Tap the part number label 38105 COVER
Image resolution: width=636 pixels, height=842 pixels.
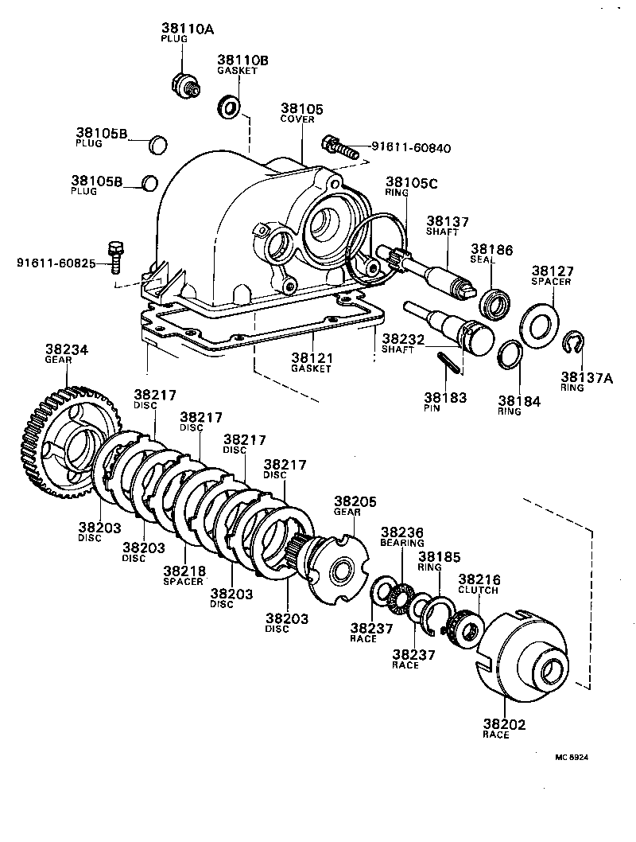[x=301, y=112]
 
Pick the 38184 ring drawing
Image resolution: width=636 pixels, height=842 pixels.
[x=511, y=354]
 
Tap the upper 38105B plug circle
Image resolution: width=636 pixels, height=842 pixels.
[x=159, y=144]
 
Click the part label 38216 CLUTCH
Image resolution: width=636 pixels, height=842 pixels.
[x=478, y=584]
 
